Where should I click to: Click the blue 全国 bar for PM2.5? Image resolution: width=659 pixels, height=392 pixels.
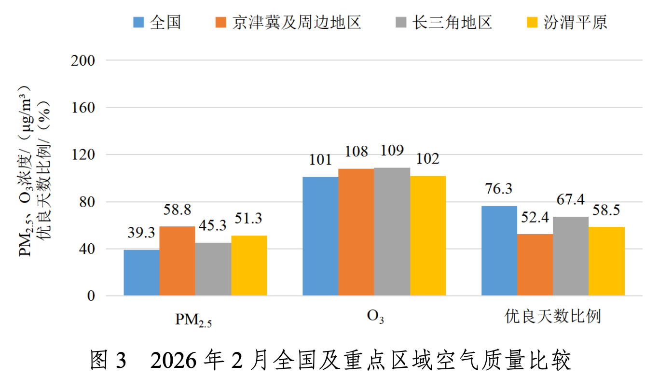point(141,272)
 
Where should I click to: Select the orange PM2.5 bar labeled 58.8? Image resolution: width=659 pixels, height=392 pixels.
point(177,261)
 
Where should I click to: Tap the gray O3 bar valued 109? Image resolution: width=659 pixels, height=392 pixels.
point(392,231)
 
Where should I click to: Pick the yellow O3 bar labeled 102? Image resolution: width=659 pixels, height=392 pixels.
point(428,236)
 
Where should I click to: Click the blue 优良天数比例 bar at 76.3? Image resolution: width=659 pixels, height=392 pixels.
point(499,251)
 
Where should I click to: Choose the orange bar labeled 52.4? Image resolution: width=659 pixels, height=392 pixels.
point(535,265)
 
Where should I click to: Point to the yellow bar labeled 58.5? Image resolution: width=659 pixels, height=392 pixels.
point(606,261)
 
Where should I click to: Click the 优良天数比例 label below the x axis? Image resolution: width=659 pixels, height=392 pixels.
point(553,317)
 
